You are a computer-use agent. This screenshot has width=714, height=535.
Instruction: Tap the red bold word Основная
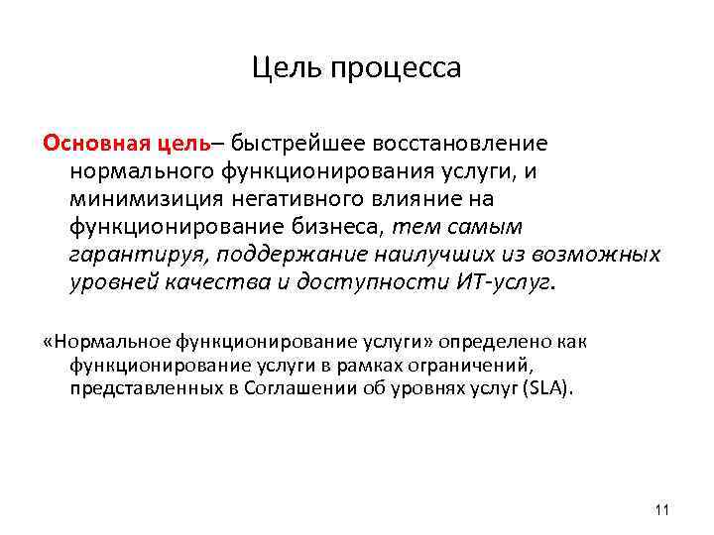click(95, 144)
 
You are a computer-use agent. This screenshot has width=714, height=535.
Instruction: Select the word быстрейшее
click(291, 144)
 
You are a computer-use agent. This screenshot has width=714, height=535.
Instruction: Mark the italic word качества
click(213, 282)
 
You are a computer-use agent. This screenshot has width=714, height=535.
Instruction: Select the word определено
click(503, 342)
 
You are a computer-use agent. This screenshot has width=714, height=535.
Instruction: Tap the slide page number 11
click(663, 510)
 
